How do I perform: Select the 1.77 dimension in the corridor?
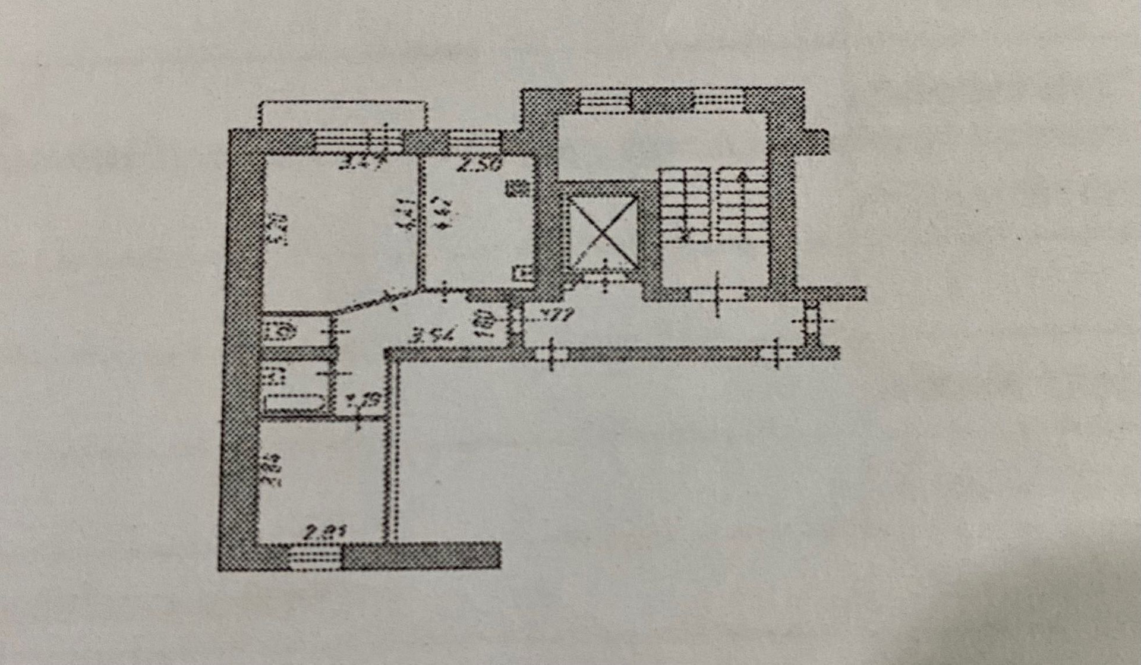pos(556,316)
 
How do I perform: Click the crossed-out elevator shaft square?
pos(603,232)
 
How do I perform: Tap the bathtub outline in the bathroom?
pos(294,402)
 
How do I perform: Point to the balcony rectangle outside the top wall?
pos(343,115)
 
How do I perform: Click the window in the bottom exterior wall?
pos(311,557)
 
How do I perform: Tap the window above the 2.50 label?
pos(473,141)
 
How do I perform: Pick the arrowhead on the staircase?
pos(741,177)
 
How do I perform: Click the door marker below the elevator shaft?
pos(605,276)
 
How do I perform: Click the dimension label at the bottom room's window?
pos(324,532)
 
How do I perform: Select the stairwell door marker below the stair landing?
pos(717,294)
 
